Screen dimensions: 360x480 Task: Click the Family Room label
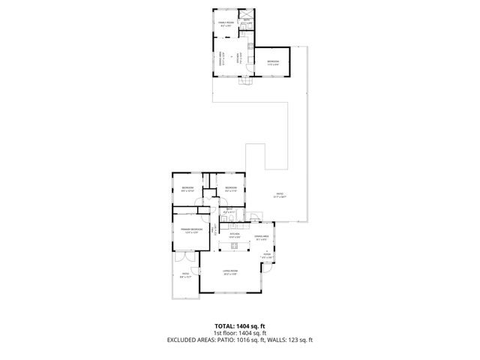tap(226, 25)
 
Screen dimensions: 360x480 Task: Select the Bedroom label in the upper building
tap(273, 62)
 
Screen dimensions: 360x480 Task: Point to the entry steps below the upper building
tap(242, 83)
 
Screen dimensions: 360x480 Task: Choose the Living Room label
tap(230, 272)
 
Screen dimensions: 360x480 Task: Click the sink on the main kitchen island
tap(235, 245)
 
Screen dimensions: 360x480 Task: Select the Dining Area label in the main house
tap(261, 238)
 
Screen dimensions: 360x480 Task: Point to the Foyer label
tap(266, 256)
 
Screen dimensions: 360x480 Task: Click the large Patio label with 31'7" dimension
tap(279, 195)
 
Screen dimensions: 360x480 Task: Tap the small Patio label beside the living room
tap(185, 275)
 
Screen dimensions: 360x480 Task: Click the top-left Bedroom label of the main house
tap(187, 188)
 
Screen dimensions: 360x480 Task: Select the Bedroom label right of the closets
tap(231, 188)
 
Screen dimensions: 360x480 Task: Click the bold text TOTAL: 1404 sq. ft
tap(240, 326)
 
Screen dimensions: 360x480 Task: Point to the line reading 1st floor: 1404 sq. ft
tap(240, 333)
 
